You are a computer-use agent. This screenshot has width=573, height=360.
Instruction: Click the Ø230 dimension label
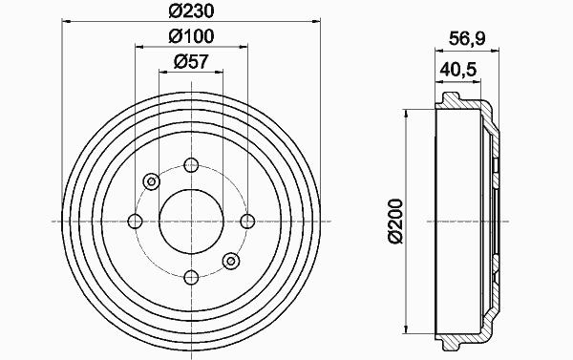191,11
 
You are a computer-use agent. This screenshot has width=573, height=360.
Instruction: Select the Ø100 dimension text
191,36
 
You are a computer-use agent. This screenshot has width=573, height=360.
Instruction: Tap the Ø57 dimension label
191,62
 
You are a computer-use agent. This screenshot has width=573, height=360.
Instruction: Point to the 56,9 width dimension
467,38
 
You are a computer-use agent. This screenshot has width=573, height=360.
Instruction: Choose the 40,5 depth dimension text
458,69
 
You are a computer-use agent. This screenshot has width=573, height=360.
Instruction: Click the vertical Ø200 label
395,222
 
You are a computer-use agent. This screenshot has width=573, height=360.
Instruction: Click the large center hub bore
191,222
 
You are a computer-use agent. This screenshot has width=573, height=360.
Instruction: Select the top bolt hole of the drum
191,165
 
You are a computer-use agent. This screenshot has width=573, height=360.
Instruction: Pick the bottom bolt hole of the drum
191,278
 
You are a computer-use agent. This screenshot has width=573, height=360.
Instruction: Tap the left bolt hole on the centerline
136,222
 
